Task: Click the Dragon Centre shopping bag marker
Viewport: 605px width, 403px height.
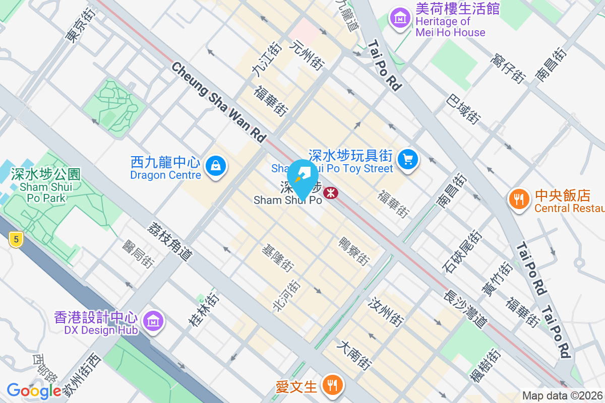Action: [x=216, y=165]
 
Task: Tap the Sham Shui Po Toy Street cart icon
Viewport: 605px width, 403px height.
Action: [x=408, y=160]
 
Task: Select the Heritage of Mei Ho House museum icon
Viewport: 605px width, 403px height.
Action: [x=400, y=19]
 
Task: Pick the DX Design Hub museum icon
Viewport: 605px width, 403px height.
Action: [x=152, y=320]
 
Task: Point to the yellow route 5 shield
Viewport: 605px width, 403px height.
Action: [x=16, y=240]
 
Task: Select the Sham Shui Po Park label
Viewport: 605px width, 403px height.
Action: [x=45, y=186]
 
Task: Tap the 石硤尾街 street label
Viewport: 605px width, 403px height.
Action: [x=463, y=252]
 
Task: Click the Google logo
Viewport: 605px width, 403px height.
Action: [x=34, y=391]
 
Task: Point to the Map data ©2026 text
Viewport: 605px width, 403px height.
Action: [x=562, y=396]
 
